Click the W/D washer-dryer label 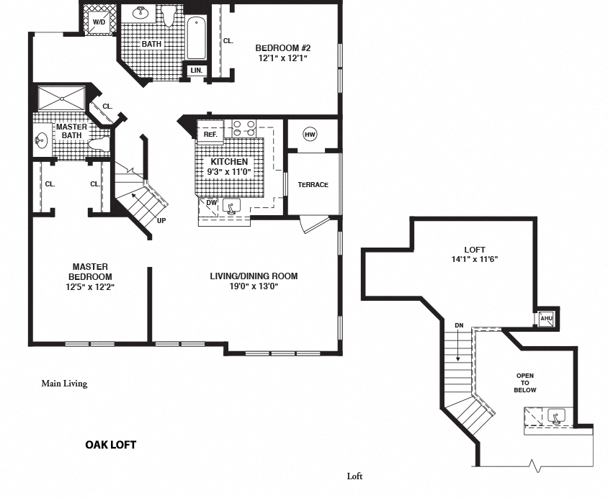[x=99, y=22]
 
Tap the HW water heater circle [x=310, y=134]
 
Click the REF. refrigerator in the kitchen [x=210, y=134]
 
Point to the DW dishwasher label [x=211, y=203]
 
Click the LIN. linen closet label [x=197, y=70]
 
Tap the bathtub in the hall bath [x=197, y=38]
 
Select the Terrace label [x=313, y=185]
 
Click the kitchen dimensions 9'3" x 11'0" [x=229, y=173]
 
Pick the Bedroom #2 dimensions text [x=282, y=58]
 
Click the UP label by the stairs [x=162, y=220]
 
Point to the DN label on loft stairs [x=459, y=325]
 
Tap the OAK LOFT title [x=111, y=445]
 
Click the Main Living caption [x=64, y=384]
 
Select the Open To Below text [x=525, y=383]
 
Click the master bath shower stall [x=61, y=99]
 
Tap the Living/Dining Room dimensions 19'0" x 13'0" [x=254, y=286]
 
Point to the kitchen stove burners [x=243, y=128]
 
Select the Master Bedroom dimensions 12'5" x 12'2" [x=90, y=287]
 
